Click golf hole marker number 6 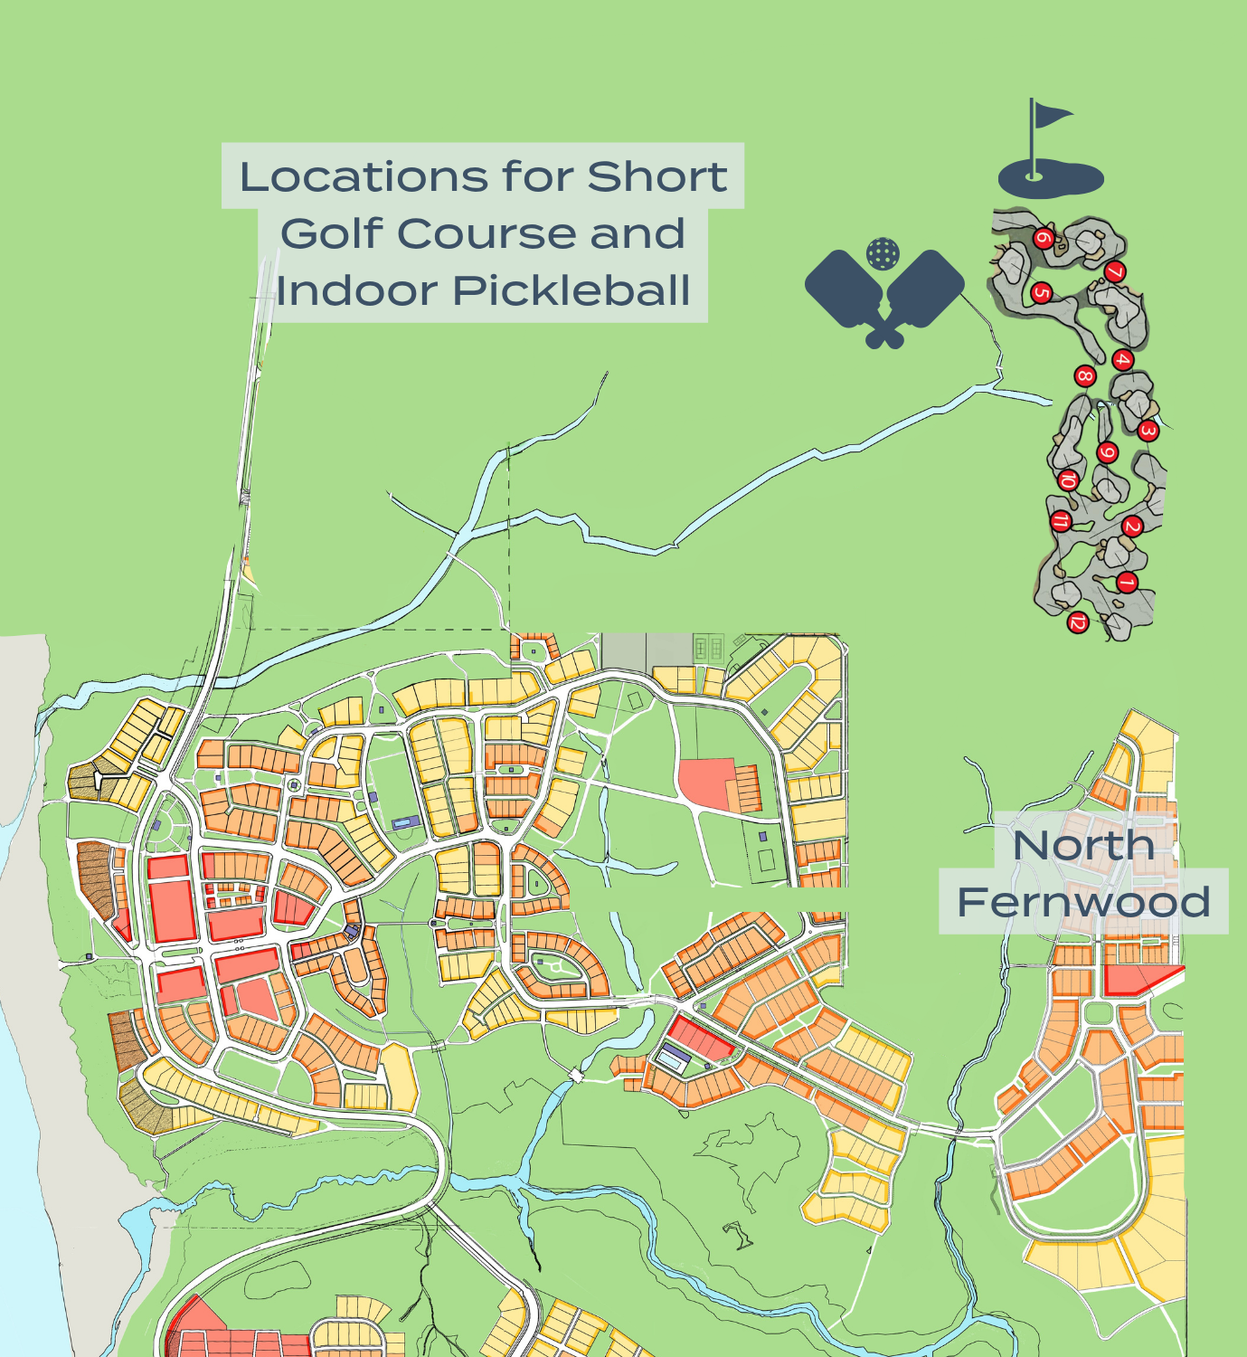1044,239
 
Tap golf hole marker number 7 1115,271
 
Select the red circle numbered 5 1041,293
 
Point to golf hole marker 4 1122,360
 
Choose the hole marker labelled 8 1085,376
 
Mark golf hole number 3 1148,431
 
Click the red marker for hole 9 1108,452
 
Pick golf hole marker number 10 1068,479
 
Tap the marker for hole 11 1061,521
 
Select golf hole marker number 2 1132,527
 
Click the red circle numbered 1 1126,583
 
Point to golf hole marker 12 1077,622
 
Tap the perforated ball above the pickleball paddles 883,254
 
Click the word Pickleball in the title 572,290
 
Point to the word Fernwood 1083,902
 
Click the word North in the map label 1084,846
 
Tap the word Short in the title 657,176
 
